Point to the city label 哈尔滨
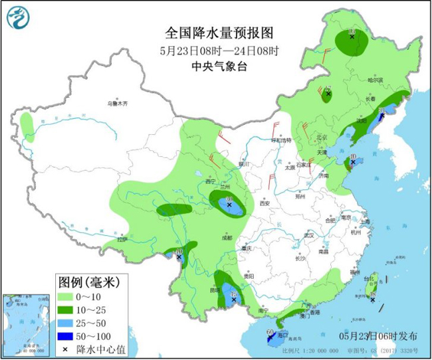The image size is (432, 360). (376, 80)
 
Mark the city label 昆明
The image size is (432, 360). (214, 290)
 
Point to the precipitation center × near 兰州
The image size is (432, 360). (229, 206)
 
